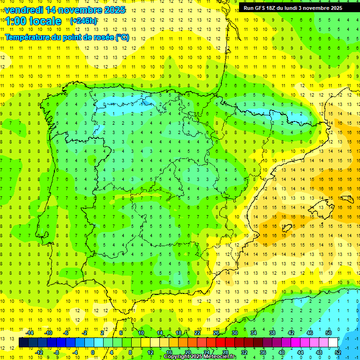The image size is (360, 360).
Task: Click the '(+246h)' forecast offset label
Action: pos(83,21)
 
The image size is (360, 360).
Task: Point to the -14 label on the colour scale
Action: pos(29,333)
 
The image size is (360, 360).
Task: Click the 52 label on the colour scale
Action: pos(338,352)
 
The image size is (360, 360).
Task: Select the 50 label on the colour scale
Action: pos(329,333)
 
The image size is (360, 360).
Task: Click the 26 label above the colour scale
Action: pos(216,333)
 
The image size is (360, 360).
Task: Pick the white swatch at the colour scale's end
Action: pos(333,343)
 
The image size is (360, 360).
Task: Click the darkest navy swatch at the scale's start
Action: pos(23,343)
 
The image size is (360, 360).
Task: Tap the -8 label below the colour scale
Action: pos(56,352)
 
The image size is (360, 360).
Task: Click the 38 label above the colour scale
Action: pos(272,333)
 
